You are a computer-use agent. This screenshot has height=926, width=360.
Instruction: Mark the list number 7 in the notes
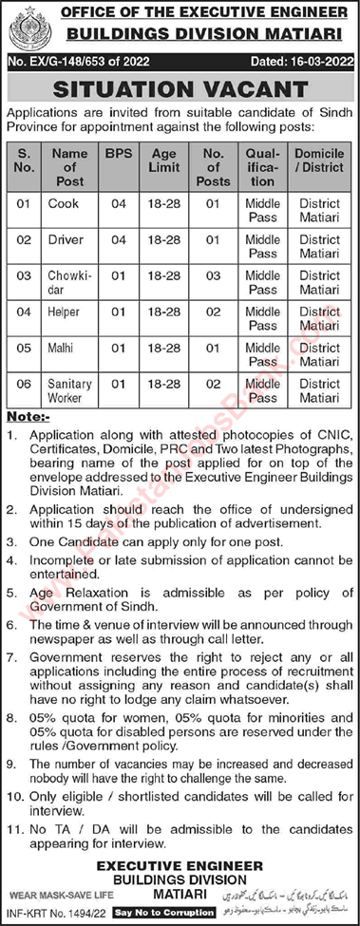(x=13, y=657)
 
